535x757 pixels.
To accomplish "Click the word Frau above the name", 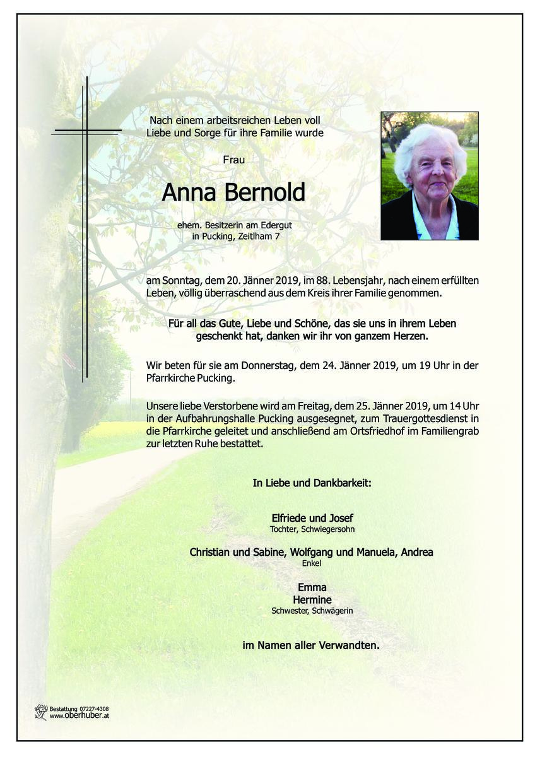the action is pyautogui.click(x=233, y=160).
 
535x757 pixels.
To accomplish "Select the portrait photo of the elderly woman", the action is pyautogui.click(x=429, y=176).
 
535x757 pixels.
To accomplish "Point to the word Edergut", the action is pyautogui.click(x=276, y=225).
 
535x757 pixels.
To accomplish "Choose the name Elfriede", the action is pyautogui.click(x=291, y=519).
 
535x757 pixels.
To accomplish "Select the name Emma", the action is pyautogui.click(x=312, y=588).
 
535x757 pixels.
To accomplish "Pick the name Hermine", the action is pyautogui.click(x=312, y=599).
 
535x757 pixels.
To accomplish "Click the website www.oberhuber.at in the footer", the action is pyautogui.click(x=79, y=716).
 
